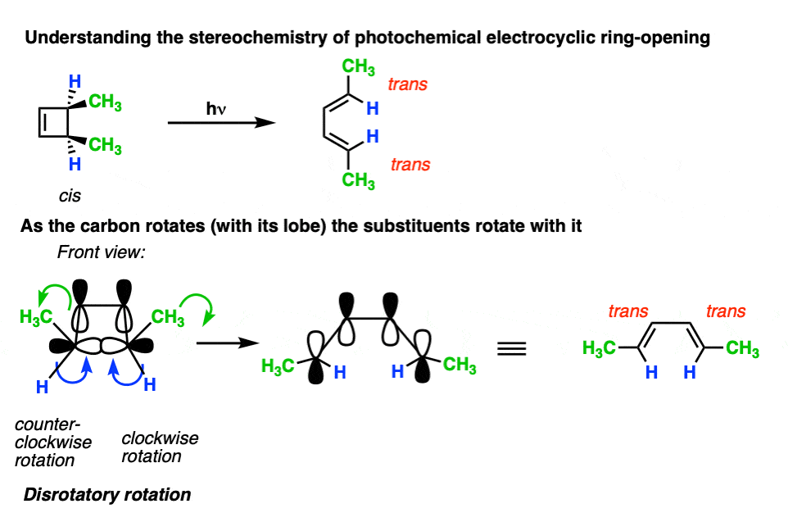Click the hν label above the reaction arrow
click(216, 109)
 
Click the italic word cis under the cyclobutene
click(70, 196)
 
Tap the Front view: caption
click(101, 252)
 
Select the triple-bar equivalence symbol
click(512, 348)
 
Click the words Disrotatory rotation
click(107, 495)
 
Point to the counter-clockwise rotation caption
click(52, 442)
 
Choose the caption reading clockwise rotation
click(160, 447)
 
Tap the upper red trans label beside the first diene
click(408, 84)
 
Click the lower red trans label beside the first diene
click(410, 165)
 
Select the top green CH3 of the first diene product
click(358, 67)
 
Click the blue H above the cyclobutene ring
click(75, 81)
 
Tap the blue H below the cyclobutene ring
click(75, 164)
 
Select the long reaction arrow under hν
click(222, 123)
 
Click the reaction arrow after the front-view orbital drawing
click(228, 343)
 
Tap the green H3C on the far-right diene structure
click(599, 348)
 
